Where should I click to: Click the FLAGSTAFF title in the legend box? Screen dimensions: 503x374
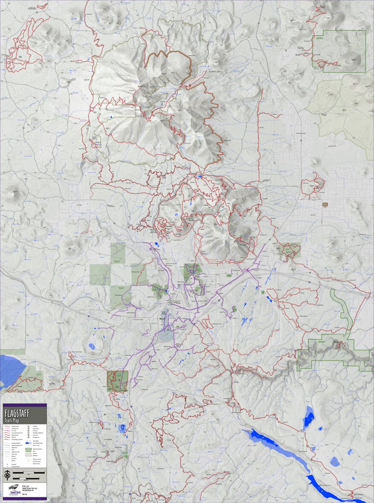pos(16,413)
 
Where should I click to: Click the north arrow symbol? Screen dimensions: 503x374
pos(7,475)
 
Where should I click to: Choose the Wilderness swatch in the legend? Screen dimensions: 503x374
pos(29,455)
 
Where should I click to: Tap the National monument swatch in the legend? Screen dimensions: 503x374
pos(29,449)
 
